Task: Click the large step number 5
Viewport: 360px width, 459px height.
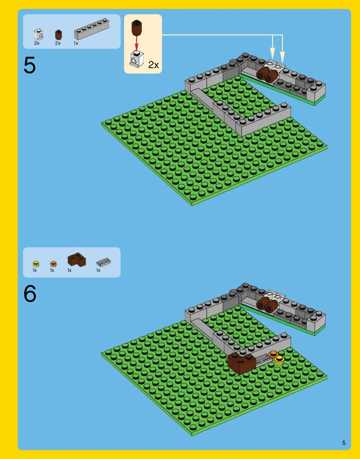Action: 30,65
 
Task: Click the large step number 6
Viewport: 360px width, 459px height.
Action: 30,293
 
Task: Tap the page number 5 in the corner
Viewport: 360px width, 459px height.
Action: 344,443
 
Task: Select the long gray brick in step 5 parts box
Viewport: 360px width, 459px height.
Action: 92,29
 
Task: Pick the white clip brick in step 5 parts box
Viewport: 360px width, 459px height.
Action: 38,34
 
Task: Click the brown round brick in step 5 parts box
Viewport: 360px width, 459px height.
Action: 58,35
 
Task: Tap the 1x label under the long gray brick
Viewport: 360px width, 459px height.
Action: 76,43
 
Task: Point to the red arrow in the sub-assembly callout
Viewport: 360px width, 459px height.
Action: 137,43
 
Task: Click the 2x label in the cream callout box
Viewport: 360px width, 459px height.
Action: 153,65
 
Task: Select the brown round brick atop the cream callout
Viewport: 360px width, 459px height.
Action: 137,28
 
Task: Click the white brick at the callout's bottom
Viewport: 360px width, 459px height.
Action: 137,59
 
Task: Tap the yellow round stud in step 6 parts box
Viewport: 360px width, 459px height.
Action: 36,264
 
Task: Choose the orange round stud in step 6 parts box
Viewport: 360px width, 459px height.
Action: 53,264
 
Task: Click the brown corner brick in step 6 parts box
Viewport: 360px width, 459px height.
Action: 77,259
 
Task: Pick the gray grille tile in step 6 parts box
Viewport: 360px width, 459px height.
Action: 103,262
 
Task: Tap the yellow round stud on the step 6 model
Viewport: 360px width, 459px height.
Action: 279,360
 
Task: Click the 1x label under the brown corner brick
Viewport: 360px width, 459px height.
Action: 69,270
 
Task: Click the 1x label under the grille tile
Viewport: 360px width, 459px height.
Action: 98,270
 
